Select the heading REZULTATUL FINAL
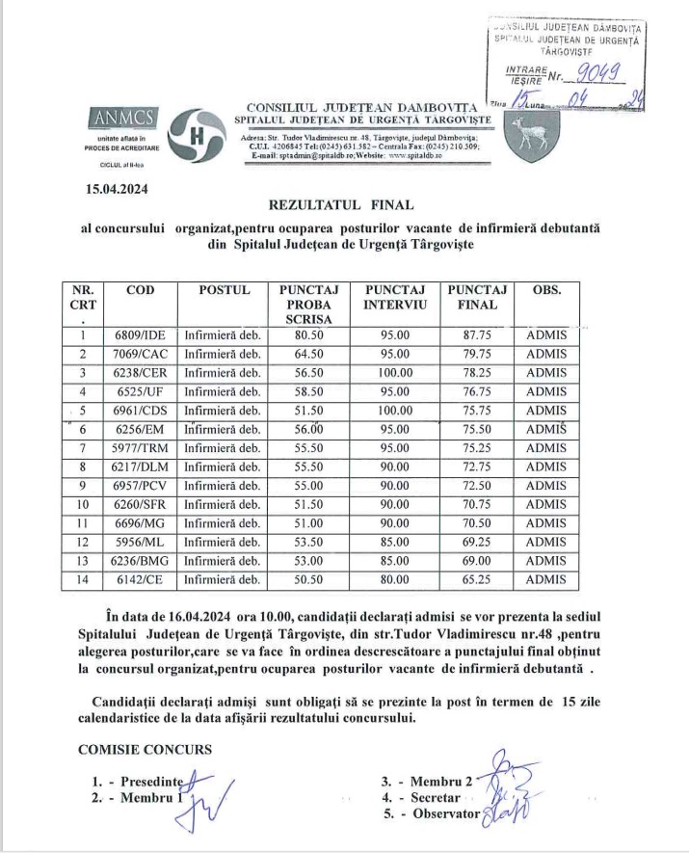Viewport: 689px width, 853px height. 342,204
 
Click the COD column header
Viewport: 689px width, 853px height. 140,290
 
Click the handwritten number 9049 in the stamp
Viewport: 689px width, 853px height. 595,70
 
